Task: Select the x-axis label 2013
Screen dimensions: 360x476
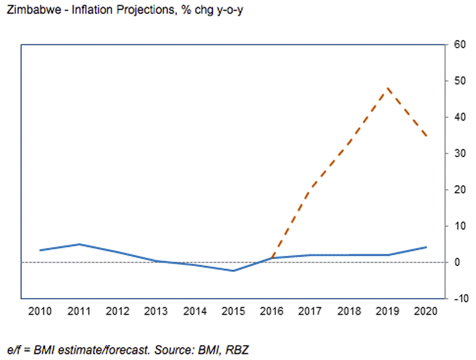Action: pos(156,311)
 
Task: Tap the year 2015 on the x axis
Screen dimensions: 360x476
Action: pos(233,311)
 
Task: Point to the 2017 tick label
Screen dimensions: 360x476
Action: pos(310,311)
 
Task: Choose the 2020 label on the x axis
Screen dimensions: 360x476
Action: pos(425,311)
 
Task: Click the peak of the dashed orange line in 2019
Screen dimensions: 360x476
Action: pos(387,88)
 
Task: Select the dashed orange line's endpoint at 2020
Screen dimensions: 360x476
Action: pos(425,136)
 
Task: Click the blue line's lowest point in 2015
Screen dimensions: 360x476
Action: pos(233,271)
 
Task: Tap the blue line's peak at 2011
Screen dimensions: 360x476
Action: pos(80,244)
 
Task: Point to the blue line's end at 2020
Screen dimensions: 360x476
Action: pos(425,247)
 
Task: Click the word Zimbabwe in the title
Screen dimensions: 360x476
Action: pos(27,12)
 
